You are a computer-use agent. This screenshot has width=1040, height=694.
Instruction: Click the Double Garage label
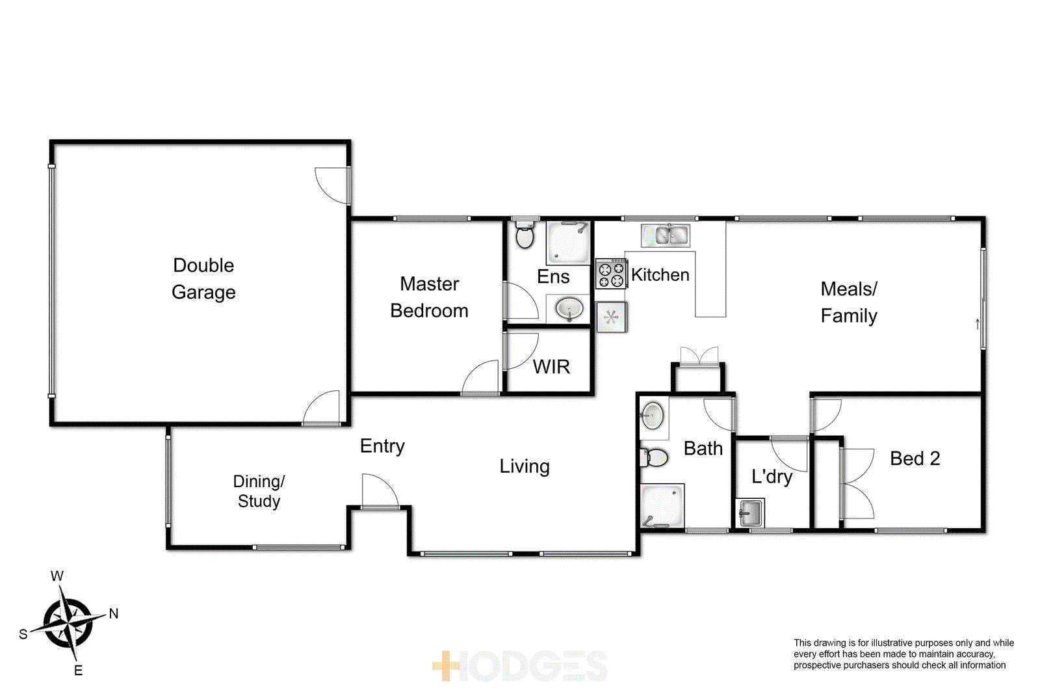tap(203, 278)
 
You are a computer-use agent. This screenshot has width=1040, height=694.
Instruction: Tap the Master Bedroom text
tap(429, 297)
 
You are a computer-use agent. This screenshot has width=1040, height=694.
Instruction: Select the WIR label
tap(551, 367)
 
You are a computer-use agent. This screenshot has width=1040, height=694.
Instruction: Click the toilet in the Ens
tap(524, 235)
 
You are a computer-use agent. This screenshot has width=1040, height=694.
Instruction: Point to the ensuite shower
tap(568, 243)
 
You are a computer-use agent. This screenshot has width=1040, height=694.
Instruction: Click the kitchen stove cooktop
tap(610, 274)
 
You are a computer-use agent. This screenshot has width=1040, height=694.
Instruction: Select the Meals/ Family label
tap(849, 302)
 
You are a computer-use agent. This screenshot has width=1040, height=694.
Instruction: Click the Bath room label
tap(703, 449)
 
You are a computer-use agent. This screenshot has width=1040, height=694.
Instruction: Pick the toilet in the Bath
tap(655, 458)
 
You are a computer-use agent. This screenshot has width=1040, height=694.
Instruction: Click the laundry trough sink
tap(750, 513)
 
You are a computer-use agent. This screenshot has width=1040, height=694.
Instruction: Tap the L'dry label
tap(772, 477)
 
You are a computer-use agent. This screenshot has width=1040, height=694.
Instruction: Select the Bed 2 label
tap(915, 459)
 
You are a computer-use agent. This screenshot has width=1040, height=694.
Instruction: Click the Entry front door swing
tap(379, 492)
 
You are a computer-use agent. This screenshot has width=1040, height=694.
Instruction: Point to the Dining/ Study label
tap(259, 491)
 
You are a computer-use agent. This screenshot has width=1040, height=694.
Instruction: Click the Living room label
tap(525, 466)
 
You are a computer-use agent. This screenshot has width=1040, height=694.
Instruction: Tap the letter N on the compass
tap(114, 613)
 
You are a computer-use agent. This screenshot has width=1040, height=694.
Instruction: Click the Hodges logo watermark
tap(520, 666)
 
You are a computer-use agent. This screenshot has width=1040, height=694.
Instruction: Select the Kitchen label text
tap(660, 275)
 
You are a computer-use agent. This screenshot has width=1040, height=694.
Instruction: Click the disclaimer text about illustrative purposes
tap(903, 654)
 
